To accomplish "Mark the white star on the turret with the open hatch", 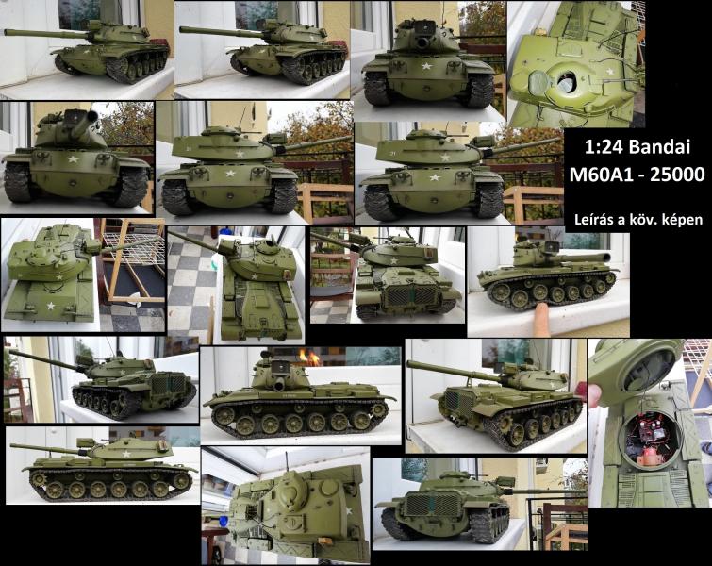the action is pyautogui.click(x=610, y=72).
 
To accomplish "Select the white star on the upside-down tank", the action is pyautogui.click(x=349, y=511).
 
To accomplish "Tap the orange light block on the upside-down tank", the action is pyautogui.click(x=324, y=541).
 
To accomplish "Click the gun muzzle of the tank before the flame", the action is pyautogui.click(x=278, y=386).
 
